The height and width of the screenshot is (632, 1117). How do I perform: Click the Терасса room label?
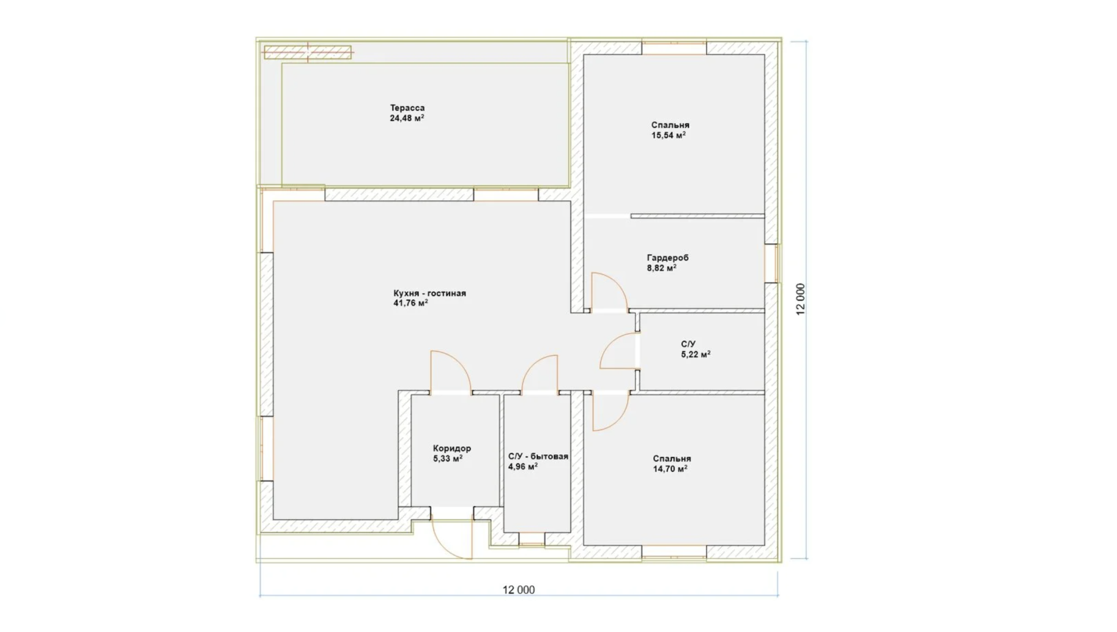pyautogui.click(x=407, y=108)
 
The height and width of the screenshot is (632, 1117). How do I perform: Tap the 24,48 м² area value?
pyautogui.click(x=407, y=118)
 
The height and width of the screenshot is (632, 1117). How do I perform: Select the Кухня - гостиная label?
pyautogui.click(x=429, y=293)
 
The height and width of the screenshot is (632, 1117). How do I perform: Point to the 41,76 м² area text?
pyautogui.click(x=410, y=303)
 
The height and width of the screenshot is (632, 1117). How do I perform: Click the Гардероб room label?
pyautogui.click(x=667, y=258)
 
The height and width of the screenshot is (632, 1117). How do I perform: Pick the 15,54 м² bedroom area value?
pyautogui.click(x=668, y=135)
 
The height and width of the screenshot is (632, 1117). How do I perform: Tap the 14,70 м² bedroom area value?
pyautogui.click(x=670, y=469)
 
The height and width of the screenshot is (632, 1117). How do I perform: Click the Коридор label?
pyautogui.click(x=452, y=448)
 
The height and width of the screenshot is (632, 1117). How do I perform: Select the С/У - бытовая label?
pyautogui.click(x=538, y=456)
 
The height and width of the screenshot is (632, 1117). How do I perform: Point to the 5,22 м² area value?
pyautogui.click(x=696, y=355)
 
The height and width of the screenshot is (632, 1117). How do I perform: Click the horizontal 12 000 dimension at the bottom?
pyautogui.click(x=519, y=590)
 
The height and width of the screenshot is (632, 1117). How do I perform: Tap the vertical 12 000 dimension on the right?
pyautogui.click(x=801, y=299)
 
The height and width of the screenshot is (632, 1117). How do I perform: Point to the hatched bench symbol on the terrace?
pyautogui.click(x=307, y=52)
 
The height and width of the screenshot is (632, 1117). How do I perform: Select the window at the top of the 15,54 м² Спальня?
pyautogui.click(x=674, y=48)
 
